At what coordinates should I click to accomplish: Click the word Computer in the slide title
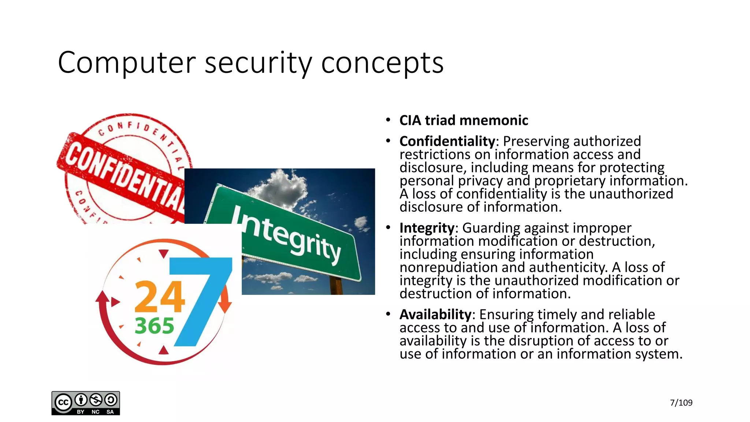click(x=125, y=63)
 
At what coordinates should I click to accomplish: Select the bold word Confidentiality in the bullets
click(x=447, y=141)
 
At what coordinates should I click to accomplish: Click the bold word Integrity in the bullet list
click(x=427, y=228)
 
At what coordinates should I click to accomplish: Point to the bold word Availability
click(x=435, y=314)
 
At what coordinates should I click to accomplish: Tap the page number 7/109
click(x=681, y=403)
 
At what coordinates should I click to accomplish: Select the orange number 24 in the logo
click(x=159, y=296)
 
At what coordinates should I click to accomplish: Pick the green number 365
click(x=154, y=326)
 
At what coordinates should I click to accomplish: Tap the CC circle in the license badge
click(x=63, y=403)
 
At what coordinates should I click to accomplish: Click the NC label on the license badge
click(x=96, y=412)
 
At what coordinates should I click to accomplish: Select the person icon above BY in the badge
click(x=81, y=400)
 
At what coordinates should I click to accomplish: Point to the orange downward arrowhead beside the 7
click(x=225, y=306)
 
